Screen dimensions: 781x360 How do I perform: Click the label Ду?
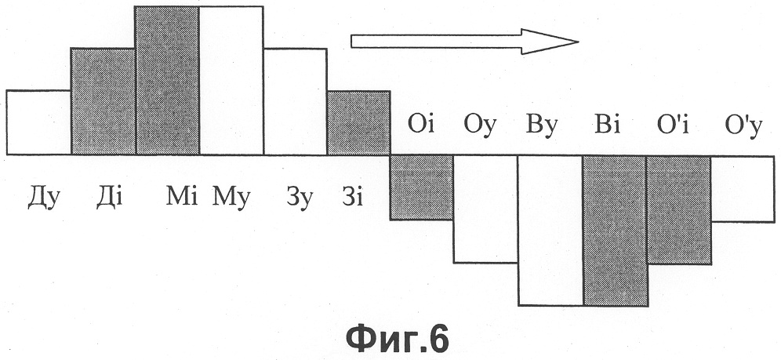pos(44,198)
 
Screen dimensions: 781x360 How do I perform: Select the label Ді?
pos(109,197)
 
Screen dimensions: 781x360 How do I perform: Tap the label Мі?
pos(182,197)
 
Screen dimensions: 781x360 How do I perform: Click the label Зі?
pos(352,197)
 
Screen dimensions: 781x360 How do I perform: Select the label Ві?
pos(607,125)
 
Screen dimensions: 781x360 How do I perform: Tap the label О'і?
pos(674,125)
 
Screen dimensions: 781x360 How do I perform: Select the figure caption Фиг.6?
pos(398,339)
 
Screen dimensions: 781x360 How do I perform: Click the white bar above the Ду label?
pos(39,122)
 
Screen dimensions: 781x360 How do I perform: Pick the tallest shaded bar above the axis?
pos(167,81)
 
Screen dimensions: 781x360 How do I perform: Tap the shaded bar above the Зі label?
pos(358,123)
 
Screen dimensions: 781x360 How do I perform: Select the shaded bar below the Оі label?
pos(421,187)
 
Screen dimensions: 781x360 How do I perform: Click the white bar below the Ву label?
pos(550,230)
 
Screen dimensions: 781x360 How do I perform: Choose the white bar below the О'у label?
pos(743,189)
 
